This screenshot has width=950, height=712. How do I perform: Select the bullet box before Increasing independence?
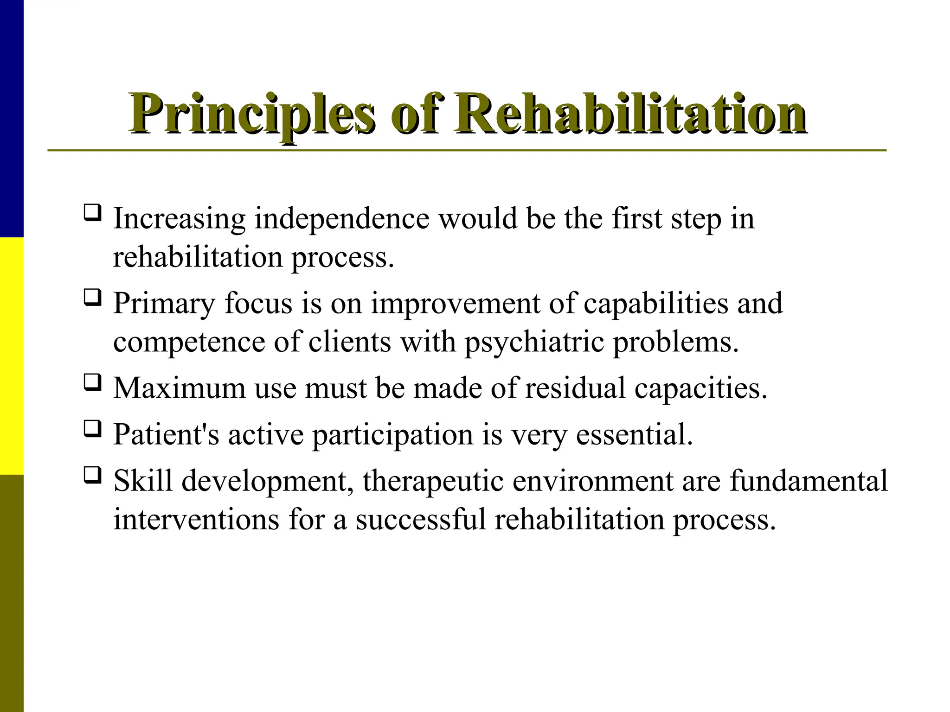pyautogui.click(x=92, y=213)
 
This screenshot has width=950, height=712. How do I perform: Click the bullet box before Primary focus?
pyautogui.click(x=92, y=298)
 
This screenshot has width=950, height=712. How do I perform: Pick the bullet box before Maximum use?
pyautogui.click(x=92, y=382)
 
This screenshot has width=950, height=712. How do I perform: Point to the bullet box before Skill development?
pyautogui.click(x=92, y=475)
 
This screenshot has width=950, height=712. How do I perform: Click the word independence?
pyautogui.click(x=342, y=219)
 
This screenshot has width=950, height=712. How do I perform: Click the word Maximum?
pyautogui.click(x=180, y=388)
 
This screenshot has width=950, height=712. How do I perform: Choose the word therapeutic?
pyautogui.click(x=433, y=481)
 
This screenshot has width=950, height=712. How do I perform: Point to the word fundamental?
pyautogui.click(x=809, y=481)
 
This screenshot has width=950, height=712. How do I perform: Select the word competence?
pyautogui.click(x=189, y=343)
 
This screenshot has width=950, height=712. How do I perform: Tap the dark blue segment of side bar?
pyautogui.click(x=12, y=118)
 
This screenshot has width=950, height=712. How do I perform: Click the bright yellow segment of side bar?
pyautogui.click(x=12, y=356)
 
